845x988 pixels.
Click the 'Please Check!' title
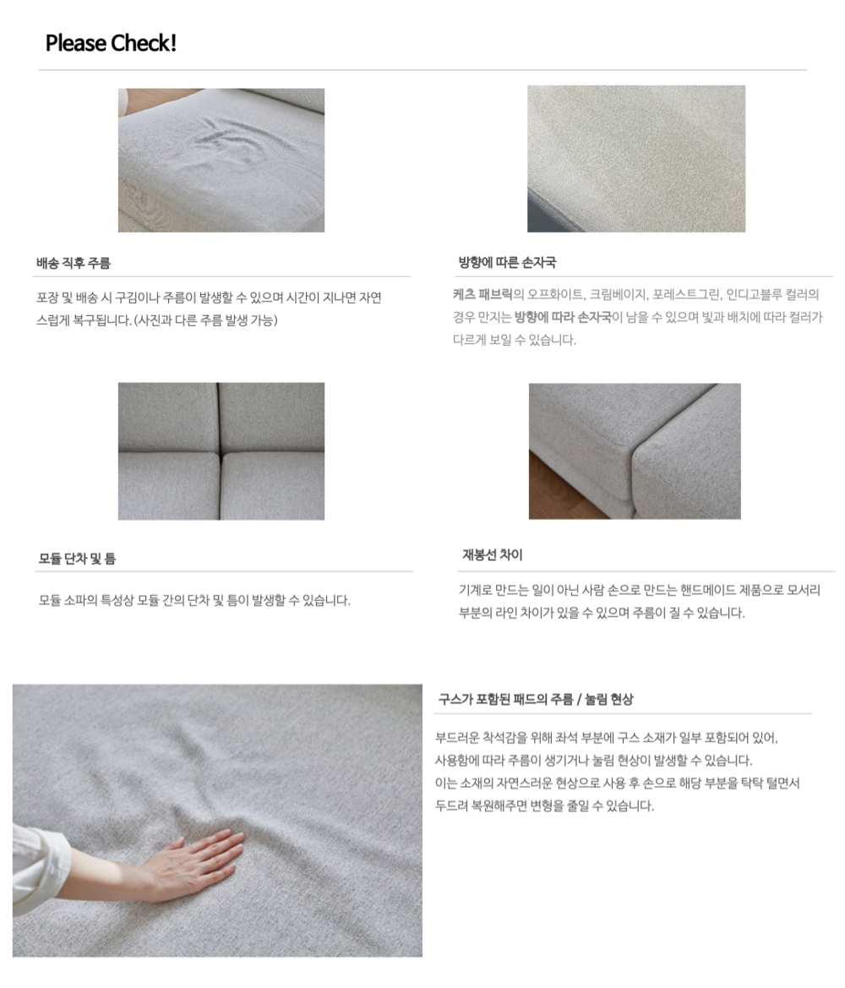[111, 43]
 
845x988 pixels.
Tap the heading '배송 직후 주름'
[74, 263]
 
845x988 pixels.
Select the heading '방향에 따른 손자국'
[507, 262]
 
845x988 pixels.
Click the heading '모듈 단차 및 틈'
[77, 559]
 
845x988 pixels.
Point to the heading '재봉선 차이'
[493, 555]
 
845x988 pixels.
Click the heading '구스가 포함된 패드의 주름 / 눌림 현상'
[536, 700]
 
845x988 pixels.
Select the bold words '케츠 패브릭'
[482, 294]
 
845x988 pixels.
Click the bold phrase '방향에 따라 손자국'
[563, 317]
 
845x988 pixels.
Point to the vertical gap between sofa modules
[221, 451]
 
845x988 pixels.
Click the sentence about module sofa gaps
[194, 600]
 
